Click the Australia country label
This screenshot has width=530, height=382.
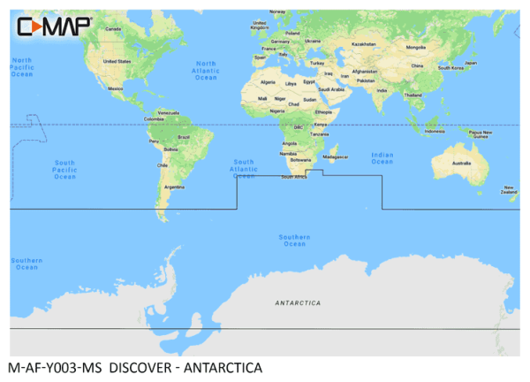(x=462, y=164)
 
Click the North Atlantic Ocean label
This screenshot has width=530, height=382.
(x=206, y=71)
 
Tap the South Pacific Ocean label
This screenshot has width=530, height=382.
(x=64, y=170)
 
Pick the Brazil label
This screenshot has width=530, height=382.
(x=185, y=137)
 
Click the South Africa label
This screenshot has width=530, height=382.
(x=293, y=177)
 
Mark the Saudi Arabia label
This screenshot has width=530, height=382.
(x=331, y=88)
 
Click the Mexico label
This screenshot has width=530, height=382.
(x=115, y=88)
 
